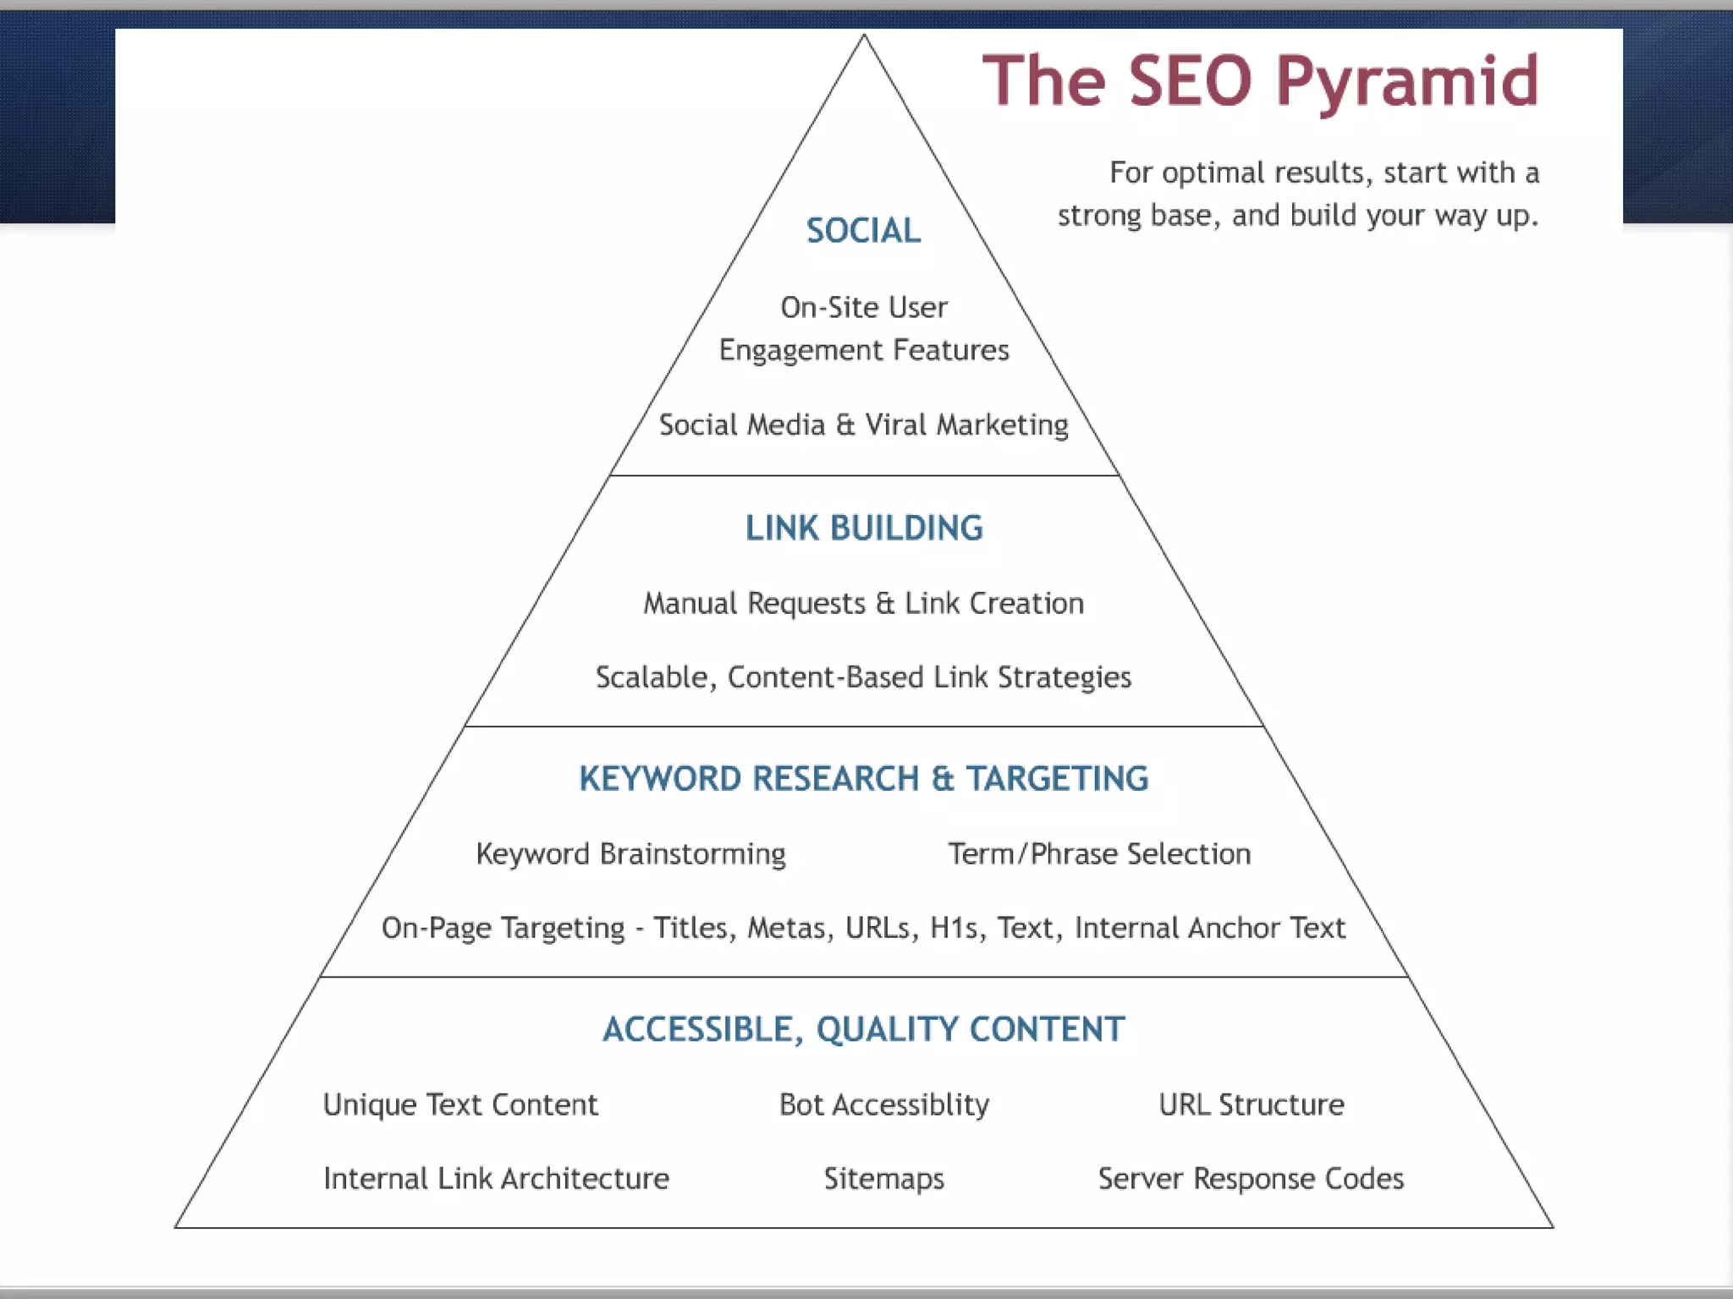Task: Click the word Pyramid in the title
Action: [1406, 82]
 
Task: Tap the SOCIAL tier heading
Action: [863, 231]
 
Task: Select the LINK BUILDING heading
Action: [864, 528]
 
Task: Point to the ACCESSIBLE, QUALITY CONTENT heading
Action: [864, 1029]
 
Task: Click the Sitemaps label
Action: [883, 1178]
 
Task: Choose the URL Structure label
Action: [1251, 1104]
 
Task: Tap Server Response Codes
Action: [1251, 1178]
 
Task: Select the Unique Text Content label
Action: [460, 1104]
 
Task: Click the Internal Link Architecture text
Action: [496, 1178]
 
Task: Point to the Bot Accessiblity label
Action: [883, 1104]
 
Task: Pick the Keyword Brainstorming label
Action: [630, 854]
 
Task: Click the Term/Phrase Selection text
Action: [1098, 854]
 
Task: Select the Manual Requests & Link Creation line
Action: [863, 603]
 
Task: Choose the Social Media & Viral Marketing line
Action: [863, 425]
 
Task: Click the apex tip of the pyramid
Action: [864, 36]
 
